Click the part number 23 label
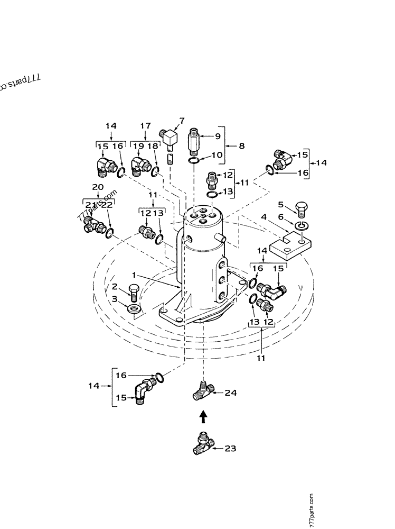(x=230, y=449)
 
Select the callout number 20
(x=97, y=187)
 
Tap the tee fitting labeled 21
(x=92, y=227)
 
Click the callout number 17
(x=145, y=126)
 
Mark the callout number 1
(x=135, y=275)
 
